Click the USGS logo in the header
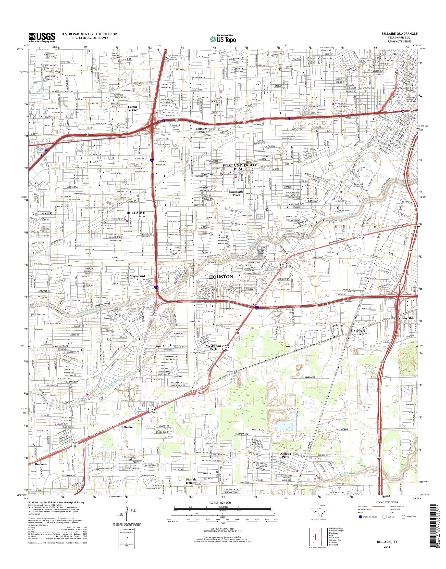42,37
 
